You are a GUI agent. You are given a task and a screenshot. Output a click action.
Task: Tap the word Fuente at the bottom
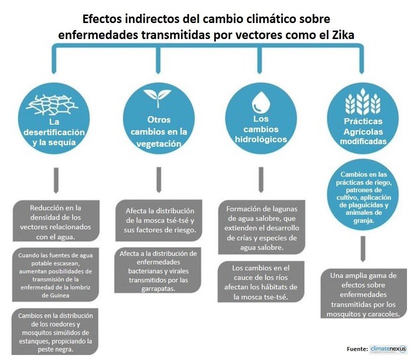356,349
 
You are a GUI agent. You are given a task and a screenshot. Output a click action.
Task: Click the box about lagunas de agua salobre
261,228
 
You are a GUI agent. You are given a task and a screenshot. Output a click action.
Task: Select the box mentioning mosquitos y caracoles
363,295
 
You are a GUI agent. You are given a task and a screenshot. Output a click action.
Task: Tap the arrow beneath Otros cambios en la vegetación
158,179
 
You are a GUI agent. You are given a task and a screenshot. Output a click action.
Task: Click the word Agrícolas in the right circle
363,132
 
